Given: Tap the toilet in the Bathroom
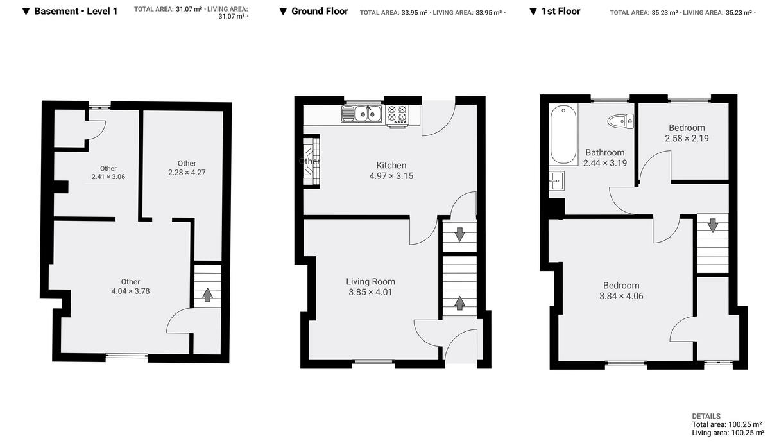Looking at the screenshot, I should coord(621,120).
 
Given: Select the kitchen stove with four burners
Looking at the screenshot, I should coord(397,114).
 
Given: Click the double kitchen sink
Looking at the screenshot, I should coord(363,114).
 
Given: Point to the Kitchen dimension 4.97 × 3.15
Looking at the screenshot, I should coord(391,175).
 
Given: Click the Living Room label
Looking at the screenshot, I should coord(370,281).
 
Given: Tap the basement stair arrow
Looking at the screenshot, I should coord(207,295).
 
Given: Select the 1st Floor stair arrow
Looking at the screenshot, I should coord(712,225).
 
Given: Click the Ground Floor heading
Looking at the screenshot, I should coord(320,11).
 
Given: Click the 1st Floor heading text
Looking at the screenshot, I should coord(561,11).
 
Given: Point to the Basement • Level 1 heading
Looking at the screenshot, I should coord(76,11).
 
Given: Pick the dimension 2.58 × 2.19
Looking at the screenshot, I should coord(687,138).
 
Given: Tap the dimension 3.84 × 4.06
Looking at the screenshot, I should coord(620,296).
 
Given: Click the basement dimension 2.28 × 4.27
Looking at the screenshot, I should coord(187,172).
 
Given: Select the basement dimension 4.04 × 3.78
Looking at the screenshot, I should coord(130,291).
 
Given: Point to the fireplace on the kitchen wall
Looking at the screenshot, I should coord(311,161).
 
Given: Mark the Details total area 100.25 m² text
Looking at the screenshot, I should coord(726,424).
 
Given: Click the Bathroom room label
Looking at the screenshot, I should coord(604,152).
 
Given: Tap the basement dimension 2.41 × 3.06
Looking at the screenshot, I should coord(108,177).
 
